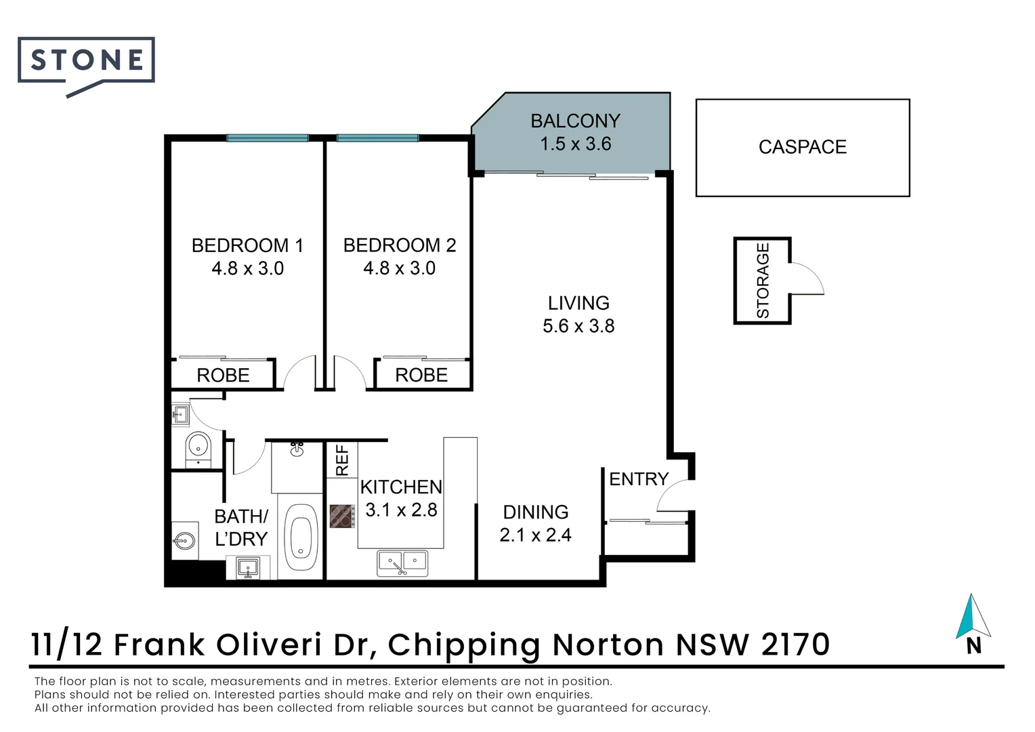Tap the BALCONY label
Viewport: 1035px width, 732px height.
point(575,121)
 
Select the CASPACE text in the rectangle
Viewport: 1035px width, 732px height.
point(803,147)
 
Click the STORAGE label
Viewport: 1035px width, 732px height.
point(763,280)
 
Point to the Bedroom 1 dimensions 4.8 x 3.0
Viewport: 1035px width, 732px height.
point(248,268)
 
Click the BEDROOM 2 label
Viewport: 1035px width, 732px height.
point(400,245)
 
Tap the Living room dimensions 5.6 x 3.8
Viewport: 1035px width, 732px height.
point(578,326)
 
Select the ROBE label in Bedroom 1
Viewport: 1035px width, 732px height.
point(223,375)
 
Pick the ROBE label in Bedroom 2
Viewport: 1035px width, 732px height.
point(421,375)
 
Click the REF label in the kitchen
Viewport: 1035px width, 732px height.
point(342,460)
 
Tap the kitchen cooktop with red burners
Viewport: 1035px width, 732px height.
point(342,516)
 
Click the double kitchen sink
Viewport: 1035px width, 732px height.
point(402,563)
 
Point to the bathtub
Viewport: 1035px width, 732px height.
point(301,537)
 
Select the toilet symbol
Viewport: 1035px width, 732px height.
point(198,449)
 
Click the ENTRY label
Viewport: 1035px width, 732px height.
point(639,479)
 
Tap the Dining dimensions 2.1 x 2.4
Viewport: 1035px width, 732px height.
point(536,535)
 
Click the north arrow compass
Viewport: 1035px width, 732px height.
point(973,624)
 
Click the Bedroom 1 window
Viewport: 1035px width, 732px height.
point(268,138)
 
